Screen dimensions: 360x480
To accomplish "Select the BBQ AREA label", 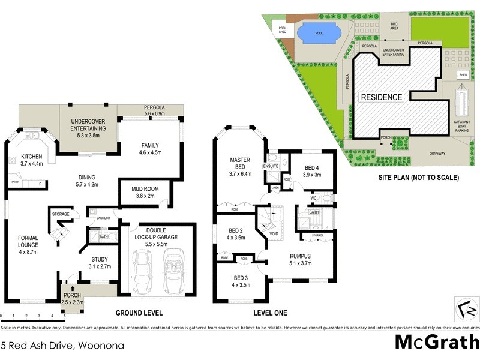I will point(394,26).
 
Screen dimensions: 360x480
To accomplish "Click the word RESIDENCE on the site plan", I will point(381,97).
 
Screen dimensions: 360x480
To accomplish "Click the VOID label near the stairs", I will point(274,233).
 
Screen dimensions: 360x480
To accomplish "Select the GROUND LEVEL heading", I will point(139,313).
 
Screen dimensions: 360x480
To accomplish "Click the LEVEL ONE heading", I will point(270,313).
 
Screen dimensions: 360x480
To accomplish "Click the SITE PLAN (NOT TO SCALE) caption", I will point(418,178).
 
